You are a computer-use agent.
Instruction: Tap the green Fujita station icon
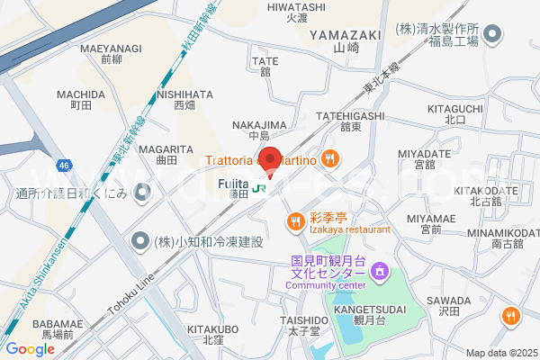coord(259,189)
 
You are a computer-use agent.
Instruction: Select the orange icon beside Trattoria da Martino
coord(330,159)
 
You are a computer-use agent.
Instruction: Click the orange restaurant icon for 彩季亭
coord(294,220)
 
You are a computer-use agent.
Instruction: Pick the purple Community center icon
coord(380,270)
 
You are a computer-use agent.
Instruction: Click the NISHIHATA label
coord(184,94)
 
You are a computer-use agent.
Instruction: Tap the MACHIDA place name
coord(81,94)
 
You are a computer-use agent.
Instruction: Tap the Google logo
coord(30,349)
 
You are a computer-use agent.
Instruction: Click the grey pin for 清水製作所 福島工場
coord(492,35)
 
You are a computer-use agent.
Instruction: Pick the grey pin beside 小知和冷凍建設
coord(140,240)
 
